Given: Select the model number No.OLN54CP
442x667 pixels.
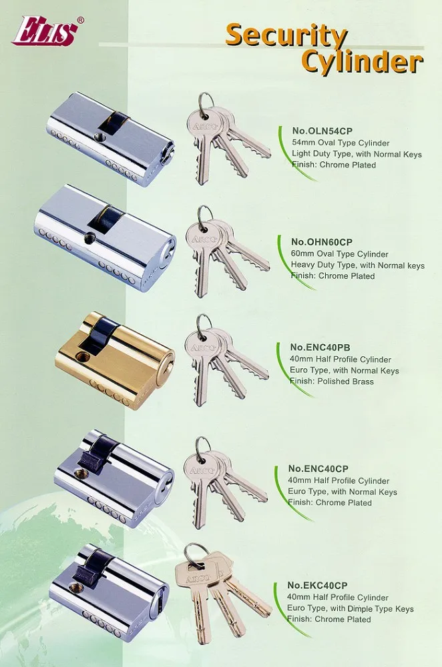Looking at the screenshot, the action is (322, 131).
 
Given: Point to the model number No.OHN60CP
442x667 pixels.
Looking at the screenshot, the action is (322, 241).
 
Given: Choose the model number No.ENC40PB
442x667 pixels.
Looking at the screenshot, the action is (320, 347).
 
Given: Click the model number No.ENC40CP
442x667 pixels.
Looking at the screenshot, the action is (318, 468).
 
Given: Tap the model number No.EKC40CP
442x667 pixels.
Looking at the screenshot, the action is (317, 586).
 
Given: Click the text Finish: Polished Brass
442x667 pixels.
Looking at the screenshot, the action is (332, 381).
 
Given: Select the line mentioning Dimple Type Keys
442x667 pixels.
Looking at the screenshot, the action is (350, 608).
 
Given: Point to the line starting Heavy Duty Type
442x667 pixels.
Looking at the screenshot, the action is (358, 265).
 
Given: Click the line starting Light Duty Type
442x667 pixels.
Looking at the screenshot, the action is (357, 154).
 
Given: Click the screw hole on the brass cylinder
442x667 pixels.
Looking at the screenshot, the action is (80, 356).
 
